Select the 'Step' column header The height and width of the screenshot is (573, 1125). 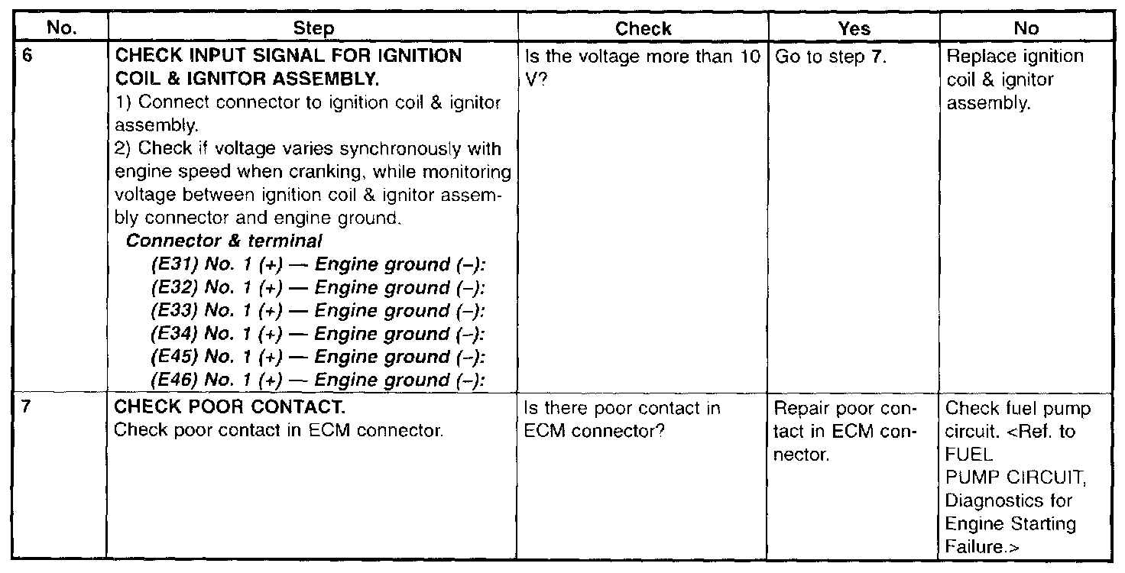pos(313,29)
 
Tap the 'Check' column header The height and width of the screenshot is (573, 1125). pos(643,29)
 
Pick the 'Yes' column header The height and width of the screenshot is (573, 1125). pos(854,29)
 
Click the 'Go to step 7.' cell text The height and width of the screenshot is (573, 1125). pos(830,57)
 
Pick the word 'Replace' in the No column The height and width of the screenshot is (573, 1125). pos(974,57)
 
